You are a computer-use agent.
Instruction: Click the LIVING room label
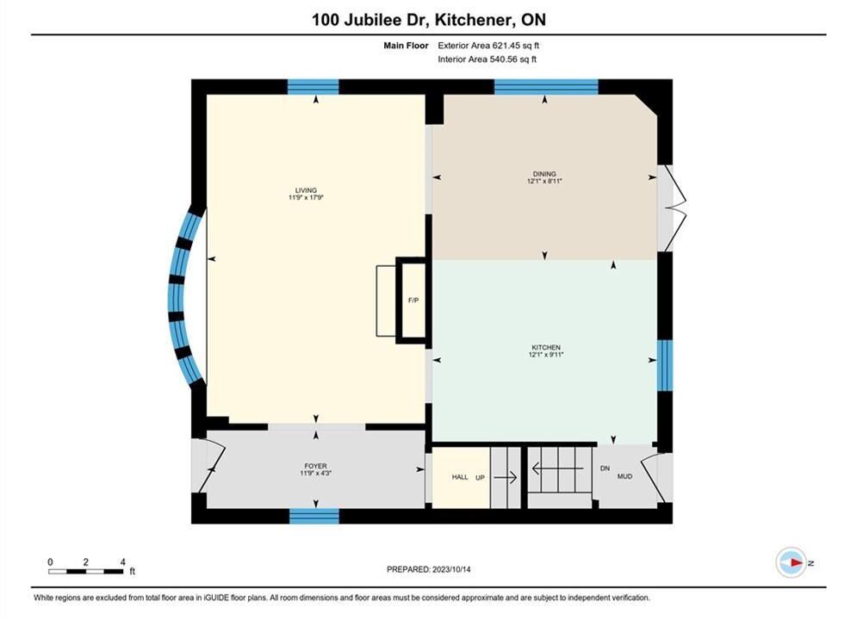pos(306,190)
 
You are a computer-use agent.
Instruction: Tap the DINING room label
pos(544,174)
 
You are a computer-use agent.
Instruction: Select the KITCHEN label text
pos(546,347)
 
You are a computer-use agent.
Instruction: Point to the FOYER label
pos(316,466)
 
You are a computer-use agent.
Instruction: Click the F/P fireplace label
pos(413,300)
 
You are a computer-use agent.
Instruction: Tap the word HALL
pos(460,477)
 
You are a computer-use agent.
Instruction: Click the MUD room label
pos(624,476)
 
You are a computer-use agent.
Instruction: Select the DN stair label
pos(605,468)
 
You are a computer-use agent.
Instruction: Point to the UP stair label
pos(480,477)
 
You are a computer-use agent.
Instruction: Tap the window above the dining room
pos(546,87)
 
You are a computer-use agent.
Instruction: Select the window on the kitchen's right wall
pos(665,365)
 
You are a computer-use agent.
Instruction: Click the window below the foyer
pos(314,516)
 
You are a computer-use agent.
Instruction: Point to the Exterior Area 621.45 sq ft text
pos(488,46)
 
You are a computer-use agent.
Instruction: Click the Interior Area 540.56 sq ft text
pos(487,59)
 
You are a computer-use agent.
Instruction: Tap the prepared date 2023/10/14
pos(451,569)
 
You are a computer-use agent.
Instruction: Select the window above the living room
pos(314,87)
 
